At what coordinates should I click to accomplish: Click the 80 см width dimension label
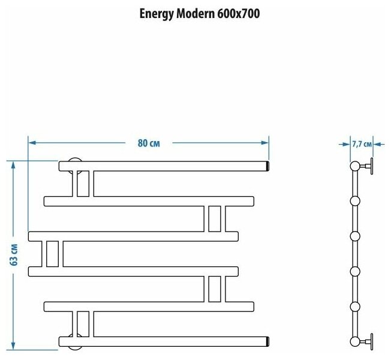pyautogui.click(x=148, y=143)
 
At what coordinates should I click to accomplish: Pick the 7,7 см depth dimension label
pyautogui.click(x=360, y=144)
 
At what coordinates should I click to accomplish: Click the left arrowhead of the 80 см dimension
pyautogui.click(x=32, y=143)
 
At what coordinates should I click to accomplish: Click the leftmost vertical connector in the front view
pyautogui.click(x=52, y=253)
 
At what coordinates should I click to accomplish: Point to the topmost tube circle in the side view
pyautogui.click(x=355, y=165)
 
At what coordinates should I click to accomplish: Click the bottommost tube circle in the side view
pyautogui.click(x=355, y=342)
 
